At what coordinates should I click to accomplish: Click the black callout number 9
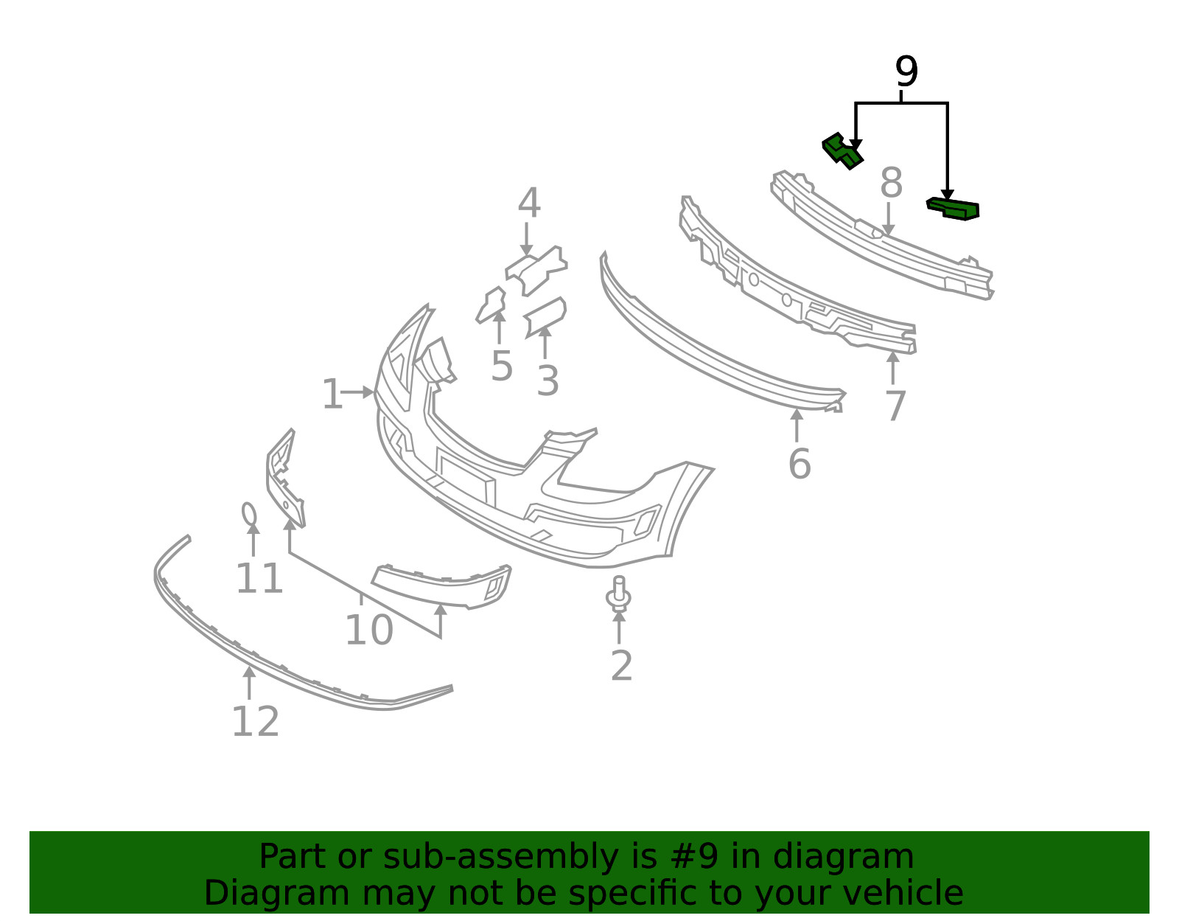(906, 72)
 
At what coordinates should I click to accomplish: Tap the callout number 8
(891, 183)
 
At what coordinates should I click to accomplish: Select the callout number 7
(896, 406)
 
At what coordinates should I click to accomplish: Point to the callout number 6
(800, 464)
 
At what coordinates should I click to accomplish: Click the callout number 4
(529, 203)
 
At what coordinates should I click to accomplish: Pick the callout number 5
(501, 366)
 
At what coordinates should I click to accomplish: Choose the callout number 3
(547, 381)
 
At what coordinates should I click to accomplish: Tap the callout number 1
(332, 394)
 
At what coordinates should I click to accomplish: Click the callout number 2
(621, 666)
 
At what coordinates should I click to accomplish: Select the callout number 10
(369, 630)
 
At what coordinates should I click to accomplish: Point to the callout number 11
(259, 579)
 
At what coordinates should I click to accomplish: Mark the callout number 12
(256, 722)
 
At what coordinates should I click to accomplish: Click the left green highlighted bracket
(842, 151)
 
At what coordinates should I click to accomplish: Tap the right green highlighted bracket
(953, 209)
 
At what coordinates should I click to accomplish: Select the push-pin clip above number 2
(618, 594)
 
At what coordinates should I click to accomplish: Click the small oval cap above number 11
(249, 514)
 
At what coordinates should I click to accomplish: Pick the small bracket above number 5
(491, 305)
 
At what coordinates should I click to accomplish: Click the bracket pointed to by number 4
(536, 271)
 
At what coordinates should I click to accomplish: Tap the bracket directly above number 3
(545, 317)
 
